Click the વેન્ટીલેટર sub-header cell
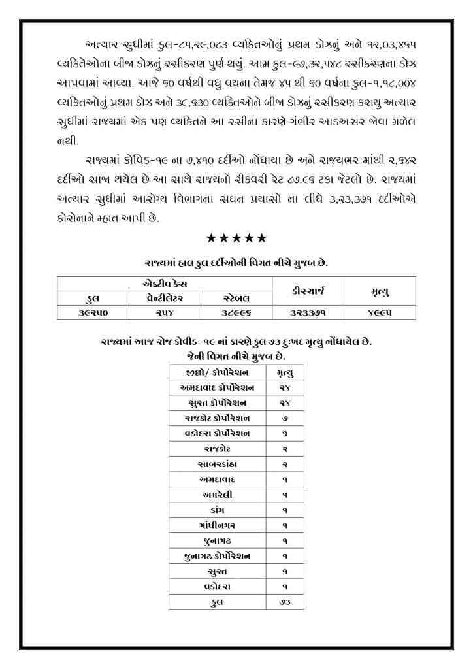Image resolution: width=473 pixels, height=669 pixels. [165, 299]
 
